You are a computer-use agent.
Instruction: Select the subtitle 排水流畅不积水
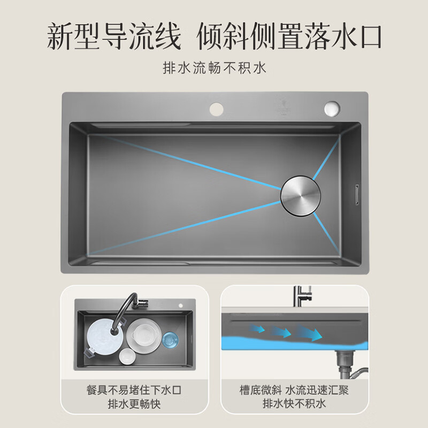coord(214,68)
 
